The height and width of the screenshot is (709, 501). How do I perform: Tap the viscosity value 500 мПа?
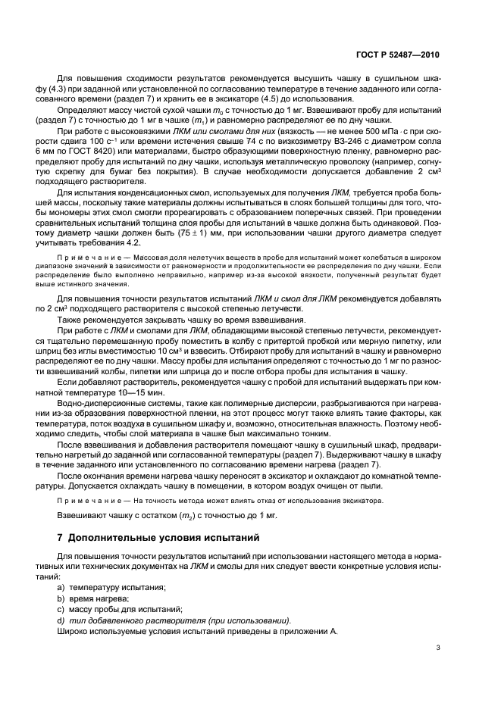(368, 131)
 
